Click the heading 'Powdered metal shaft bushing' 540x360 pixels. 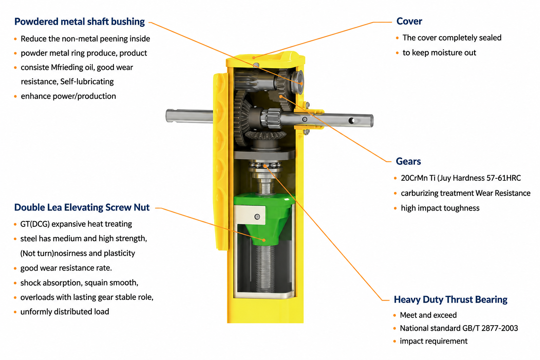pyautogui.click(x=79, y=22)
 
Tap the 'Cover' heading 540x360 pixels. pyautogui.click(x=409, y=21)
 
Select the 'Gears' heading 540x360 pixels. pyautogui.click(x=408, y=161)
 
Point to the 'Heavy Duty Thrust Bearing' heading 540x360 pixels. pyautogui.click(x=450, y=300)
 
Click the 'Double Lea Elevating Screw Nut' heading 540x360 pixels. pyautogui.click(x=82, y=207)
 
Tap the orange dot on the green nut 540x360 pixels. pyautogui.click(x=264, y=240)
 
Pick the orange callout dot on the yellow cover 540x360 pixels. pyautogui.click(x=254, y=58)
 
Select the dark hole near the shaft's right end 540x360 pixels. pyautogui.click(x=352, y=120)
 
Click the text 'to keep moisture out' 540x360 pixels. pyautogui.click(x=439, y=53)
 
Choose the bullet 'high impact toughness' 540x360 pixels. pyautogui.click(x=440, y=208)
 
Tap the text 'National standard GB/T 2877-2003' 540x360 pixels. pyautogui.click(x=459, y=328)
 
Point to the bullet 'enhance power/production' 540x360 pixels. pyautogui.click(x=68, y=96)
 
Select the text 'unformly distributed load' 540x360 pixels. pyautogui.click(x=65, y=312)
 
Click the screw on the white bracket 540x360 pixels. pyautogui.click(x=257, y=217)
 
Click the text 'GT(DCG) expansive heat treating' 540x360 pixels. pyautogui.click(x=76, y=224)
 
